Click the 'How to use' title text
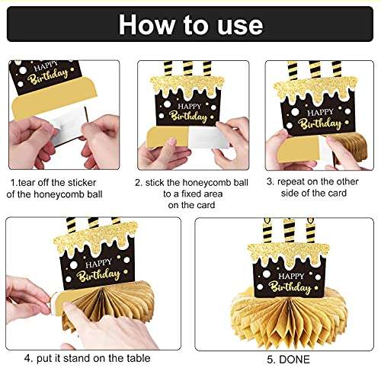[x=190, y=24]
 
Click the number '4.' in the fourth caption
[x=28, y=356]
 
